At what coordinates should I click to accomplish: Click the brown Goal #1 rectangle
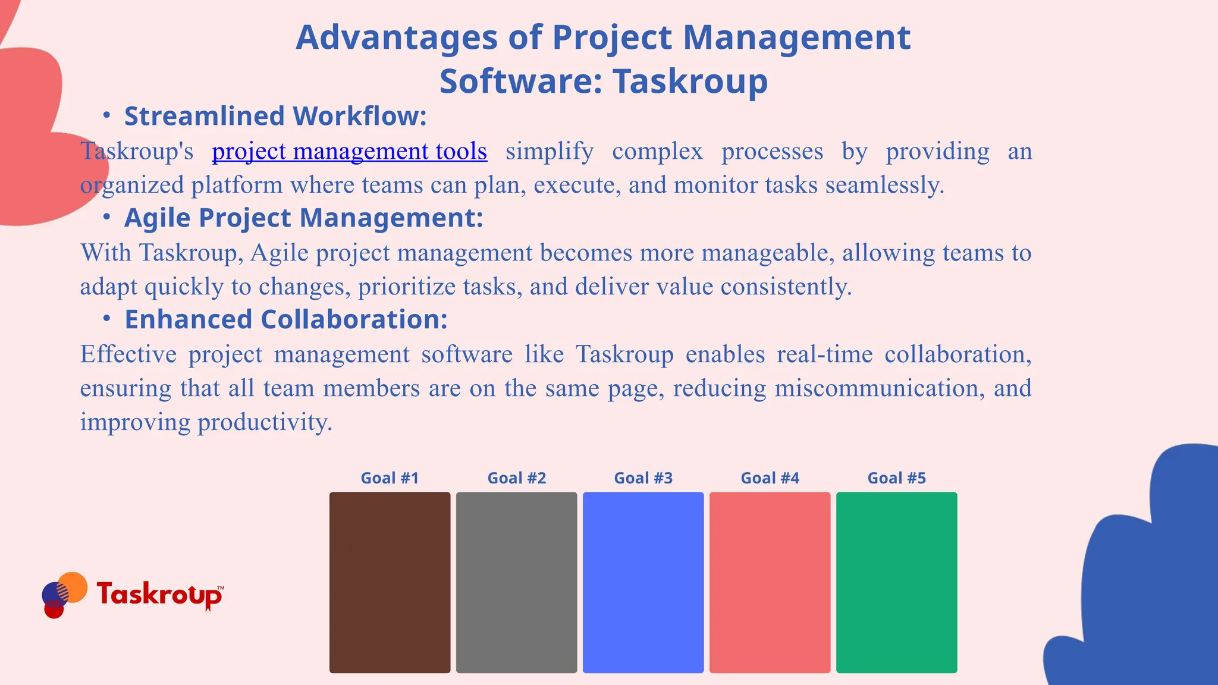point(390,582)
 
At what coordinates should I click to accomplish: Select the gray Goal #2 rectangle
point(516,582)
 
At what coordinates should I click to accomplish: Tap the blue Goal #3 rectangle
point(643,582)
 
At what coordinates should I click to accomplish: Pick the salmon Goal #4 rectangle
point(770,582)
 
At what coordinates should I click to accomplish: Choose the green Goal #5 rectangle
point(896,582)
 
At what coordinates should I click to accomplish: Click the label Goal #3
point(643,478)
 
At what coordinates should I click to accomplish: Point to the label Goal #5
point(896,478)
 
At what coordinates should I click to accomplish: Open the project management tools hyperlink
point(349,152)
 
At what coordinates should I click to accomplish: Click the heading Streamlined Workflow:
point(275,117)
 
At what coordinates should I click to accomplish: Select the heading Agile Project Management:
point(303,218)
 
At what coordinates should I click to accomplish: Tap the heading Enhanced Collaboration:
point(285,320)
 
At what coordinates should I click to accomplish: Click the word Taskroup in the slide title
point(690,81)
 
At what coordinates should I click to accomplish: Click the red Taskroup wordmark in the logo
point(159,594)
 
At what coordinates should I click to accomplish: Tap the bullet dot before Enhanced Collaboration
point(106,319)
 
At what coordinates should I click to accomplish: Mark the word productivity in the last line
point(265,422)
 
